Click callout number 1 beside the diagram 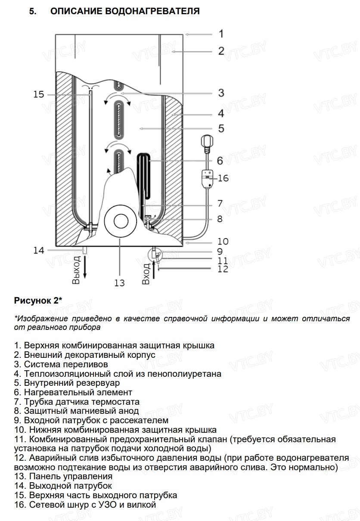click(x=220, y=34)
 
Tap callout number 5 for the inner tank click(x=221, y=128)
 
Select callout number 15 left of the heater click(x=39, y=94)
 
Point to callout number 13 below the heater click(x=119, y=282)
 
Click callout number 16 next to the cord click(x=223, y=178)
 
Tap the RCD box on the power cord click(x=208, y=178)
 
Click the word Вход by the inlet click(x=146, y=274)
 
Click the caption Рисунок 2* click(x=38, y=301)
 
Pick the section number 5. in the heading click(x=33, y=11)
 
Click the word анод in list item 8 click(x=129, y=411)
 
